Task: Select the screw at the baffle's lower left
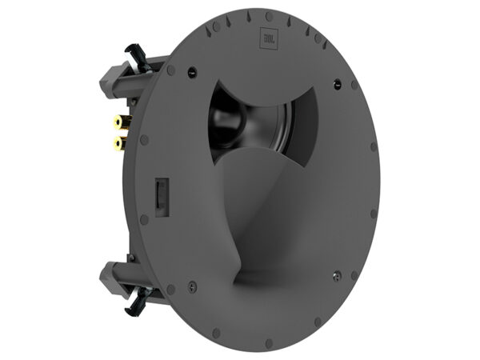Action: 193,283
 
